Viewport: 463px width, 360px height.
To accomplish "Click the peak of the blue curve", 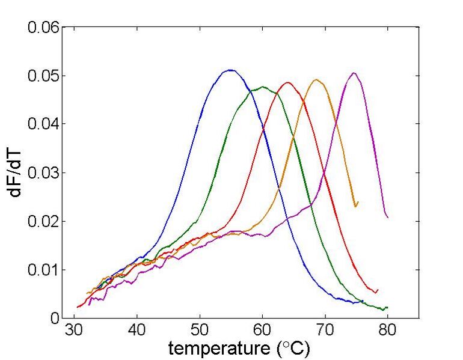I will pos(230,70).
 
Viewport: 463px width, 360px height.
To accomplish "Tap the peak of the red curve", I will pos(288,82).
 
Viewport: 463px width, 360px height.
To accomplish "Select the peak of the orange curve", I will pos(316,79).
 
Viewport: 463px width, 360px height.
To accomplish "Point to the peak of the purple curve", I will pos(354,73).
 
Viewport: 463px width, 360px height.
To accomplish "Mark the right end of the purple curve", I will pos(388,217).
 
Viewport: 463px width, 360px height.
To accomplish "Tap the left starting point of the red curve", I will pos(77,307).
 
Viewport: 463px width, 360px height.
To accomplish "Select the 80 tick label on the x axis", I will pos(387,330).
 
